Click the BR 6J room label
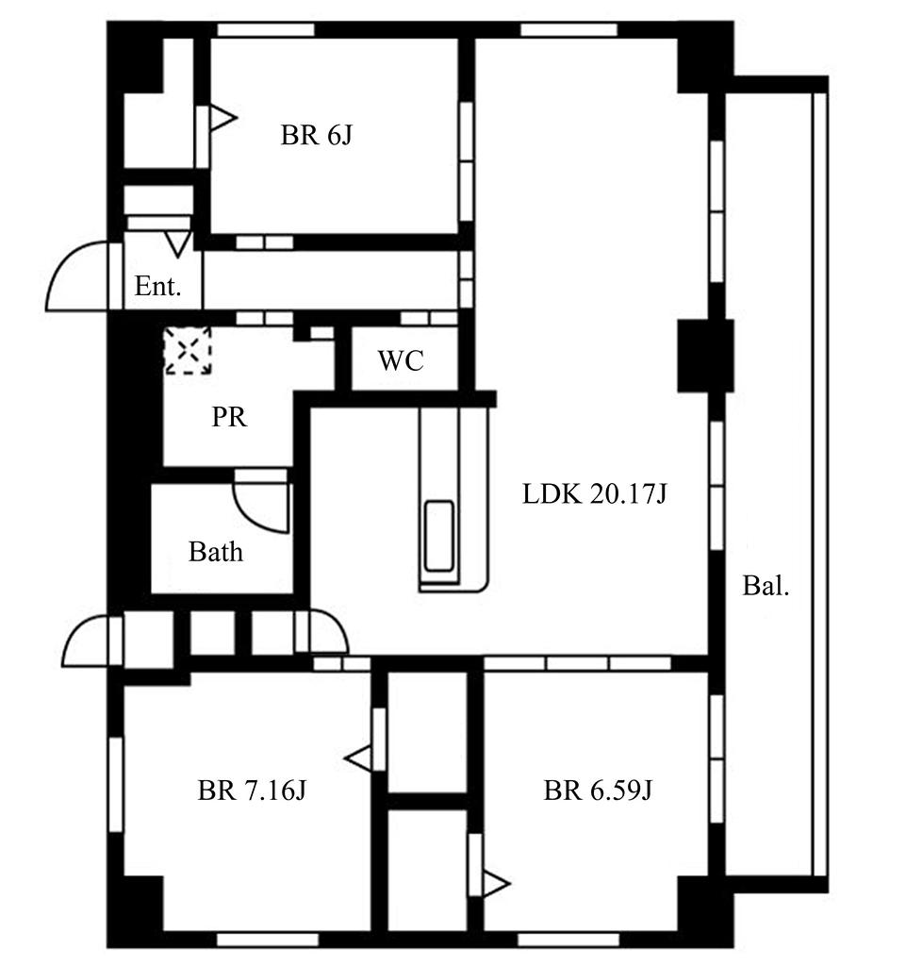(317, 135)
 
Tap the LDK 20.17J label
(595, 494)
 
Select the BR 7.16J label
(252, 790)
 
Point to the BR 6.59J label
(598, 790)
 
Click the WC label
(402, 360)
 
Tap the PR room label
(229, 417)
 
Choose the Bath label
(216, 552)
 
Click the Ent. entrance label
(158, 286)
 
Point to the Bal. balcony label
(766, 585)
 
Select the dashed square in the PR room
(188, 351)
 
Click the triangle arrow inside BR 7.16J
(359, 758)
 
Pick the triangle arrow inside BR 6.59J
(496, 883)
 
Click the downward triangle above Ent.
(178, 244)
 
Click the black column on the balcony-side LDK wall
(705, 356)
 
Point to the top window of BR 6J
(266, 29)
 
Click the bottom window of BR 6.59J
(568, 940)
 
